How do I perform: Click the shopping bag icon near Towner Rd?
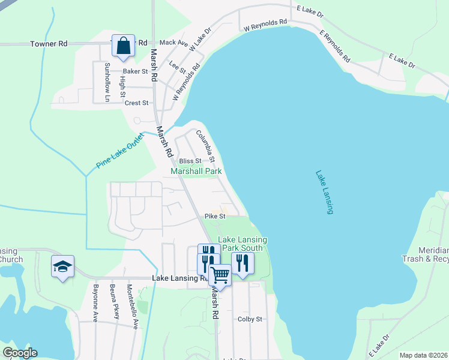click(x=123, y=46)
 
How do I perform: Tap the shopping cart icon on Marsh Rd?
click(x=220, y=276)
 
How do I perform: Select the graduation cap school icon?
click(x=63, y=266)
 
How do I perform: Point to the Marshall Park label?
click(x=196, y=171)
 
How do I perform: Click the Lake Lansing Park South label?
click(x=243, y=244)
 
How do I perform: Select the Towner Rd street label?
click(x=49, y=44)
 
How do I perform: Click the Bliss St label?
click(x=190, y=161)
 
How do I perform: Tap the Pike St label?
click(x=214, y=216)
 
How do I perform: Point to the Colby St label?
click(x=250, y=319)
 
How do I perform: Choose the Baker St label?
click(x=136, y=71)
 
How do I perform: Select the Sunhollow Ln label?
click(x=107, y=82)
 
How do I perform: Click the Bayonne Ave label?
click(x=95, y=305)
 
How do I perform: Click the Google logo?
click(x=20, y=353)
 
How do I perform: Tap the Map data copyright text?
click(x=423, y=355)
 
